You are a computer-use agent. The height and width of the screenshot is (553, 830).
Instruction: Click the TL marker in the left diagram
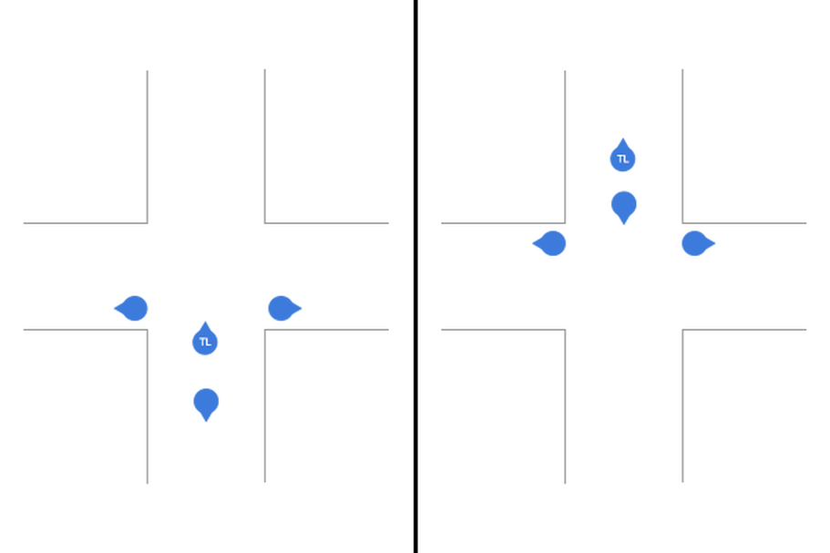tap(205, 341)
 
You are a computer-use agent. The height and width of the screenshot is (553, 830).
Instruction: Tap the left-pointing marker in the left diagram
tap(132, 308)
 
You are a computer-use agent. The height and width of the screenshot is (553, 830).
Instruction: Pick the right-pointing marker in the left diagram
tap(283, 308)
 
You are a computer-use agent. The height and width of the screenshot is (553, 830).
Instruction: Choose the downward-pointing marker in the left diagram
tap(206, 403)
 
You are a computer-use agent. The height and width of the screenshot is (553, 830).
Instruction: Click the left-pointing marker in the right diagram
tap(550, 243)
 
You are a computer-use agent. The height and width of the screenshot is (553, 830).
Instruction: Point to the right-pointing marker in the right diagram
tap(697, 243)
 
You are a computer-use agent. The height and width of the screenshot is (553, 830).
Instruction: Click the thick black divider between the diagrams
tap(415, 276)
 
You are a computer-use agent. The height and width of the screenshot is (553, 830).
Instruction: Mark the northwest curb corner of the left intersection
tap(148, 223)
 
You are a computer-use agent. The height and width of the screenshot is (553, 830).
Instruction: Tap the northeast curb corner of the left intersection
tap(264, 223)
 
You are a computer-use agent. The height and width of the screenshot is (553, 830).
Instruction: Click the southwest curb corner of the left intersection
tap(148, 330)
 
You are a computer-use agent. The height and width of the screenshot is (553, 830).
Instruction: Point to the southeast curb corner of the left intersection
tap(264, 330)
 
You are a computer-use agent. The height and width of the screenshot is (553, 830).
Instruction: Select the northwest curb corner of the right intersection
tap(565, 223)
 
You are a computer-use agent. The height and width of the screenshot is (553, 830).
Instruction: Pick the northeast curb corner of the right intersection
tap(682, 223)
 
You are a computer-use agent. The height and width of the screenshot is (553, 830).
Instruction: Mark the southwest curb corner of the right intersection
tap(565, 330)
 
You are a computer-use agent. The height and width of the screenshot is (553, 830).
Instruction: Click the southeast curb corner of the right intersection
tap(682, 330)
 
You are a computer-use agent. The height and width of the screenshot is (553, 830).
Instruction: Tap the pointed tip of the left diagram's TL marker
tap(205, 322)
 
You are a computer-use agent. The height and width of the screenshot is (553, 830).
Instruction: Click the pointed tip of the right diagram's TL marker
tap(623, 138)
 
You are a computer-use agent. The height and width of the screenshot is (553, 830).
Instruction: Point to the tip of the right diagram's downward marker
tap(624, 225)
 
